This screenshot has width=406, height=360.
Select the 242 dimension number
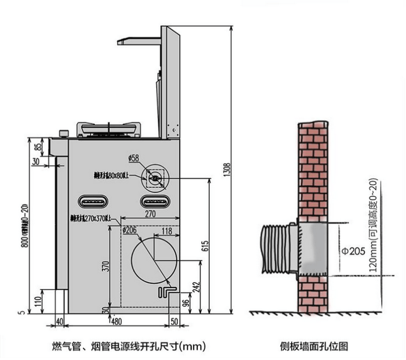196,286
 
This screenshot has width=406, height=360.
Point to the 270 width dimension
150,214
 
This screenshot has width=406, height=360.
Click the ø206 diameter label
129,230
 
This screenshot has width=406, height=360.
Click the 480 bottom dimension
116,322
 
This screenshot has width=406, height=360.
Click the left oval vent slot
92,200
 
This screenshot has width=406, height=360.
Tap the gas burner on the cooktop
109,130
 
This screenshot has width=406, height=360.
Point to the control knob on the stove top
64,134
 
